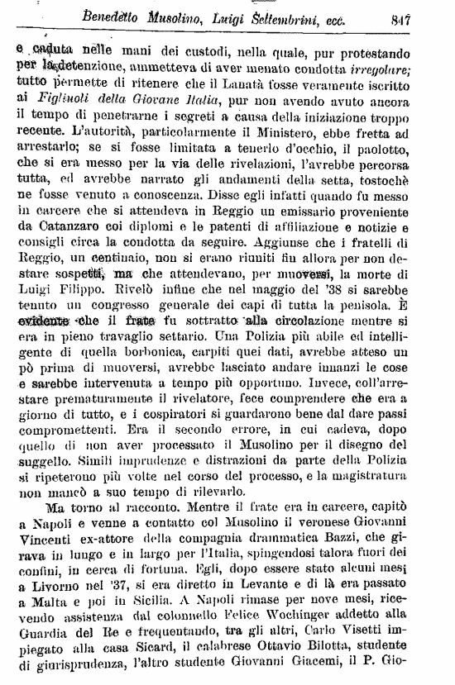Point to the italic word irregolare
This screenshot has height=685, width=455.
400,65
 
